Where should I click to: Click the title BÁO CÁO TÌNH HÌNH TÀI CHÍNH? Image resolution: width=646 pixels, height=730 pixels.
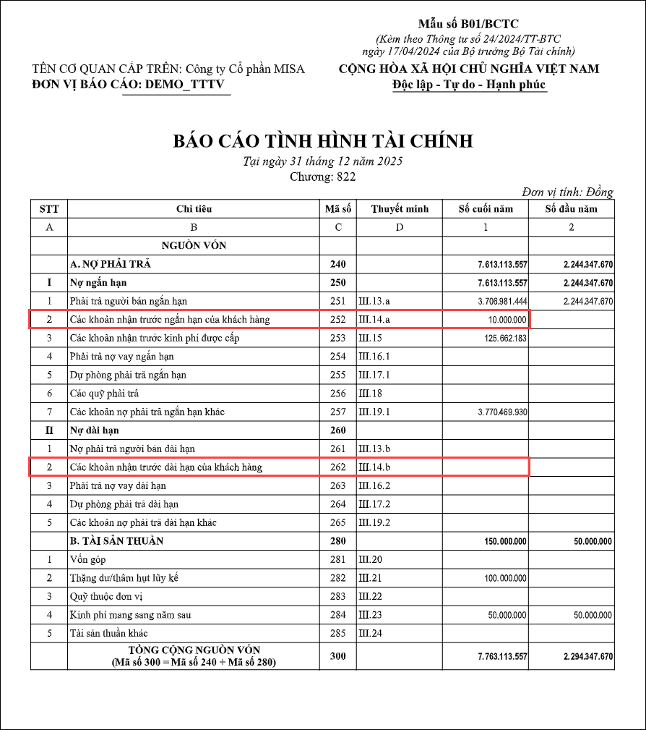(x=322, y=140)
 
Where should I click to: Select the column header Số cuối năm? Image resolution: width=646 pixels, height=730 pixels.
(x=486, y=209)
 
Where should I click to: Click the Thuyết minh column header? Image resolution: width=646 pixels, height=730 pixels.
(x=400, y=209)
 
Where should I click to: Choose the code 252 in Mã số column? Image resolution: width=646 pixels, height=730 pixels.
(x=337, y=319)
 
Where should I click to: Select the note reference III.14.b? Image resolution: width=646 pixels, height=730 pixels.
(x=374, y=467)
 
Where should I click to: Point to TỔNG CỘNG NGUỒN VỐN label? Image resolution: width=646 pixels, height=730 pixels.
(x=194, y=650)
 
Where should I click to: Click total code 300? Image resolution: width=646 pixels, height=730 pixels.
(x=337, y=656)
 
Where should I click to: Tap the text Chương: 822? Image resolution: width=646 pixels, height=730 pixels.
(x=322, y=176)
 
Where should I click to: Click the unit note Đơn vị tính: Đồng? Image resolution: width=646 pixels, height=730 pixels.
(x=567, y=192)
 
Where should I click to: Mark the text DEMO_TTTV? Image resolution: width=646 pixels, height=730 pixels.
(x=186, y=85)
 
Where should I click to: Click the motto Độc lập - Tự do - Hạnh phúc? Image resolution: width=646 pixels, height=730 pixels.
(x=469, y=85)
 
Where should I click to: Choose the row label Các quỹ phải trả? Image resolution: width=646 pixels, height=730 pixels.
(x=104, y=394)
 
